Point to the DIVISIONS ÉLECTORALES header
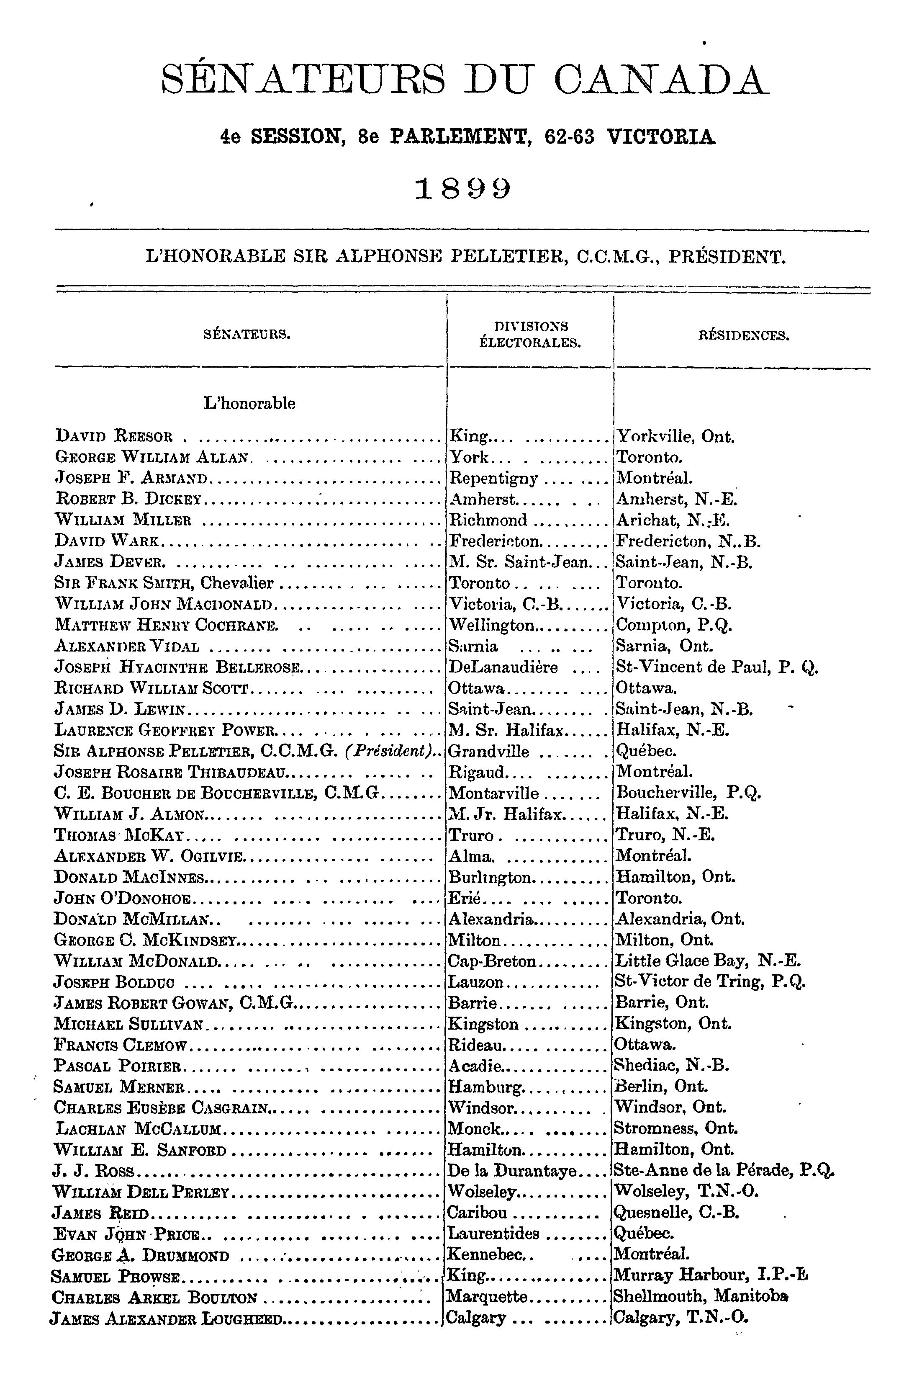pyautogui.click(x=529, y=334)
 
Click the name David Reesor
pyautogui.click(x=114, y=436)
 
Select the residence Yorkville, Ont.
pyautogui.click(x=675, y=436)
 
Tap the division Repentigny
pyautogui.click(x=494, y=478)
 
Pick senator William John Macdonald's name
pyautogui.click(x=164, y=604)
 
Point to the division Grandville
pyautogui.click(x=489, y=751)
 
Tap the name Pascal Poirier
pyautogui.click(x=119, y=1065)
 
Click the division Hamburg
pyautogui.click(x=486, y=1086)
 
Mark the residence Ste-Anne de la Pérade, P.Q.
pyautogui.click(x=724, y=1170)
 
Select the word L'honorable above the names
pyautogui.click(x=249, y=403)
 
